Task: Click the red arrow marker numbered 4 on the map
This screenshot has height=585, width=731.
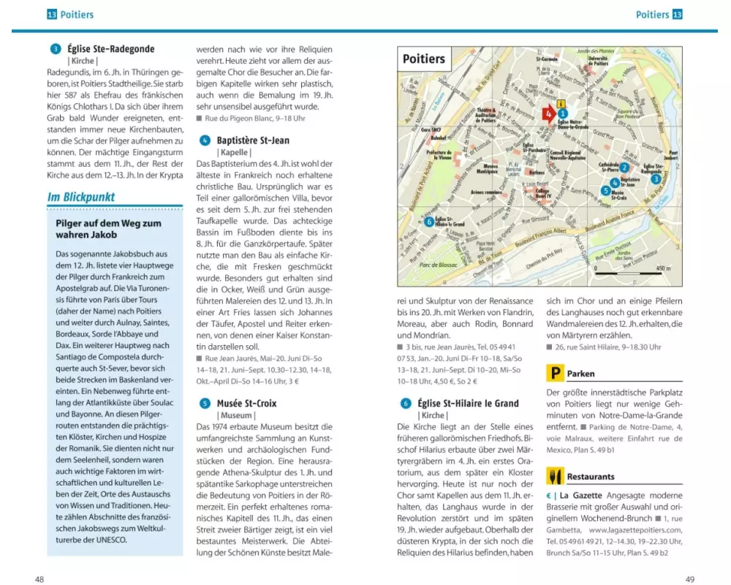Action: tap(547, 113)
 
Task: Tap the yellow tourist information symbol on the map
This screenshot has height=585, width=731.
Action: tap(561, 103)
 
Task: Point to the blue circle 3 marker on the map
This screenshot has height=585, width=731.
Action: tap(656, 178)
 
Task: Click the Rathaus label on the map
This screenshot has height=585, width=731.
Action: tap(537, 173)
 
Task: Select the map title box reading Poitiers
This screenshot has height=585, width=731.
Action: tap(424, 58)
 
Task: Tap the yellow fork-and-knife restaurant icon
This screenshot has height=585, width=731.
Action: tap(556, 477)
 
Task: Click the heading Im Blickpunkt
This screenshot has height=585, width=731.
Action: tap(82, 197)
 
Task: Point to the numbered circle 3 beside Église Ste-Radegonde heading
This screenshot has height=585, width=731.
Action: tap(56, 49)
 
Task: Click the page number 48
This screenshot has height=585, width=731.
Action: tap(39, 578)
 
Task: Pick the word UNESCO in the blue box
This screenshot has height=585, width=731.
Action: tap(109, 540)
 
